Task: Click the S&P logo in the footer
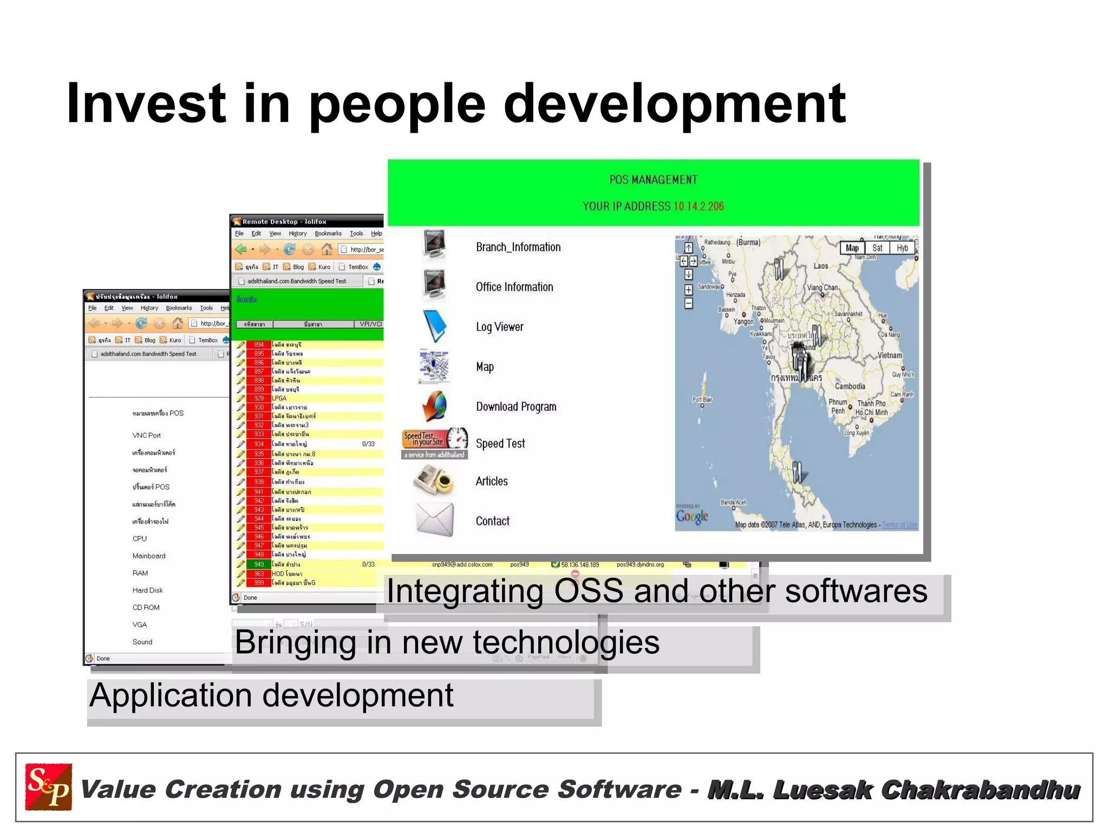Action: (x=49, y=786)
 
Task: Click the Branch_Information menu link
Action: (x=518, y=247)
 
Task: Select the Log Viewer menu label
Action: (x=499, y=327)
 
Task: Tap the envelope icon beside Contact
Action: (x=435, y=519)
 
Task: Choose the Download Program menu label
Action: (x=516, y=407)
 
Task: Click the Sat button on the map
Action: (x=877, y=248)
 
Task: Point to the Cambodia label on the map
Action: (x=850, y=386)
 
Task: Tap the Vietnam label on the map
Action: (x=890, y=356)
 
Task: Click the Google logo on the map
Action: (x=692, y=516)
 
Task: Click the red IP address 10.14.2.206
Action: (x=698, y=207)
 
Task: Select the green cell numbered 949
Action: (x=259, y=564)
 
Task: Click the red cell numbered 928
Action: (x=259, y=398)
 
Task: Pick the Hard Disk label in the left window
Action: (x=147, y=590)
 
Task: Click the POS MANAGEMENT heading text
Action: (x=653, y=180)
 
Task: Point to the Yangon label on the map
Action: (x=743, y=321)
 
